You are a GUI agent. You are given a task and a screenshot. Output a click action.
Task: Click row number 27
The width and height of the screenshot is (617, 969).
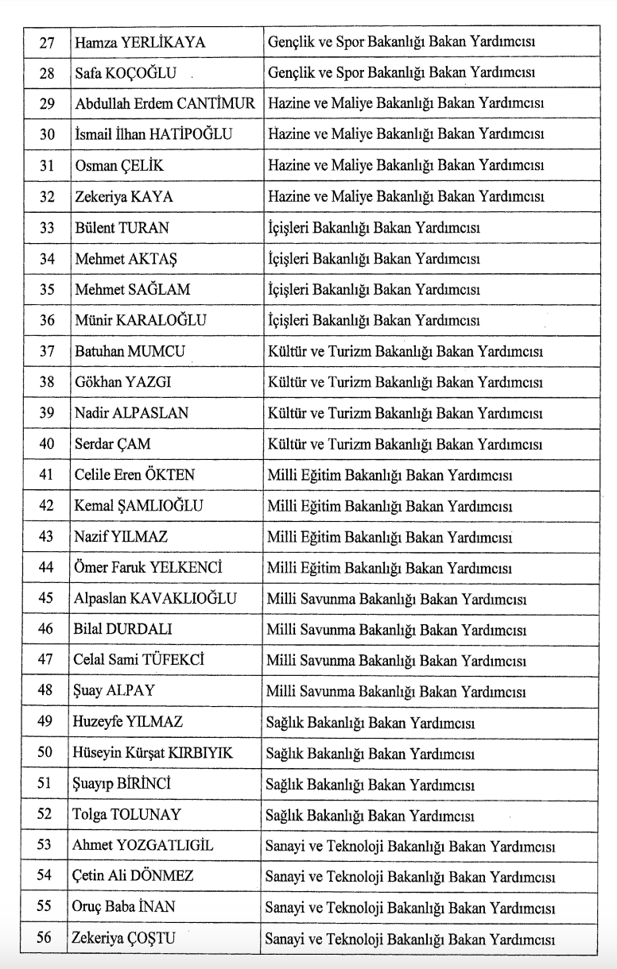coord(46,42)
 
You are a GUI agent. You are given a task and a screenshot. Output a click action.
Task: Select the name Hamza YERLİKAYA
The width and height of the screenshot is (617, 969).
coord(140,42)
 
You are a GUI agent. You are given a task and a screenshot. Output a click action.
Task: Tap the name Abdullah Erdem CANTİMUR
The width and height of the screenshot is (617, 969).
coord(165,104)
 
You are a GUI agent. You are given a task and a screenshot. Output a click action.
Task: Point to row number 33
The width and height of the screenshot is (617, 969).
coord(46,228)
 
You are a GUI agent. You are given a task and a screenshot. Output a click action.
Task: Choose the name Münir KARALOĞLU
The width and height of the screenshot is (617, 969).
coord(141,321)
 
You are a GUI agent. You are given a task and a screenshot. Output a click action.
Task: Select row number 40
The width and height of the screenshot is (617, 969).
coord(46,444)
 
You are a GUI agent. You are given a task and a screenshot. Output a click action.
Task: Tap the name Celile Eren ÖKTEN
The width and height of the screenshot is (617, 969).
coord(135,475)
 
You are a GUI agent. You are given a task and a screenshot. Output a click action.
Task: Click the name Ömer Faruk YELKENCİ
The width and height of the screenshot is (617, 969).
coord(148,569)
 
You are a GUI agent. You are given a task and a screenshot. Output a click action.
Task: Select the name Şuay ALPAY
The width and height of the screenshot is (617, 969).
coord(116,692)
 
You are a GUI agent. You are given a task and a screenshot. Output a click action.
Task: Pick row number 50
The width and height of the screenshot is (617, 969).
coord(46,754)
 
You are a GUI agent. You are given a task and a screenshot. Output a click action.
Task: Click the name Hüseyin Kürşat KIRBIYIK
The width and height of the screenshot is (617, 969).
coord(153,754)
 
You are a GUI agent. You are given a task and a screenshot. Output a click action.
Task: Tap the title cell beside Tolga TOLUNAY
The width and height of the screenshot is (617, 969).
coord(371,816)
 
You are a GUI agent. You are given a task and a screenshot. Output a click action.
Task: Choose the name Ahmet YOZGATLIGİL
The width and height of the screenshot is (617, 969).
coord(144,846)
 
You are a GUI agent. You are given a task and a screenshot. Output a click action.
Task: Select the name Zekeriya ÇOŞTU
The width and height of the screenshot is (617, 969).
coord(124,939)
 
